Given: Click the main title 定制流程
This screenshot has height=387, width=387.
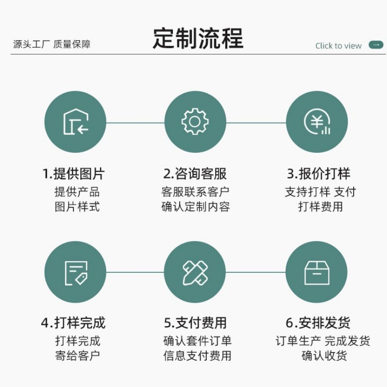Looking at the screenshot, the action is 198,38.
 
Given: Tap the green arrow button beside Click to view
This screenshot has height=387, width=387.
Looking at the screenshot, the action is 376,45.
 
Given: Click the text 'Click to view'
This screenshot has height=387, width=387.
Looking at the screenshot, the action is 339,46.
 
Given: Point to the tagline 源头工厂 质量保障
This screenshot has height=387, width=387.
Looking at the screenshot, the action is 52,44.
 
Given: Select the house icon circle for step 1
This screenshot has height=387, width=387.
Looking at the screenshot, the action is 75,122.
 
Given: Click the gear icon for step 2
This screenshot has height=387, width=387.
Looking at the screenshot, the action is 195,122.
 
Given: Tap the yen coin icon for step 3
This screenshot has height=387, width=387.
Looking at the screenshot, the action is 316,122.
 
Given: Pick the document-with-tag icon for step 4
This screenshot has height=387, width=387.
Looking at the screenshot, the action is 75,272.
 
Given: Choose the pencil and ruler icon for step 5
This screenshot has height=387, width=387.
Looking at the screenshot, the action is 195,272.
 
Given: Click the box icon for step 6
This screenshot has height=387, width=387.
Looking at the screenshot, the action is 316,272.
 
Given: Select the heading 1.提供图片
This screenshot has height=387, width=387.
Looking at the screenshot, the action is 73,173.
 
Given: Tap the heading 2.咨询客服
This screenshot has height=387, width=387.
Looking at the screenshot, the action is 195,173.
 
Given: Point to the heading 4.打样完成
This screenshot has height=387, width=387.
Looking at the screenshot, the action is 73,323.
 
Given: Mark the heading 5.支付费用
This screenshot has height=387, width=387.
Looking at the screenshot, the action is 195,323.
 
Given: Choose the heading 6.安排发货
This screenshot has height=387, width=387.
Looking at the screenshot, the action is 318,323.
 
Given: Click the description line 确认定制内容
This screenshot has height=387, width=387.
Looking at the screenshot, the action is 195,207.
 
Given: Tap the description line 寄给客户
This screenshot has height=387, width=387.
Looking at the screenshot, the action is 77,356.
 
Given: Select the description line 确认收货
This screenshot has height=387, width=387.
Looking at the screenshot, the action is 324,356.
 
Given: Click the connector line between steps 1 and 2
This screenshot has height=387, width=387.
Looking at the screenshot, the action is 135,122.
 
